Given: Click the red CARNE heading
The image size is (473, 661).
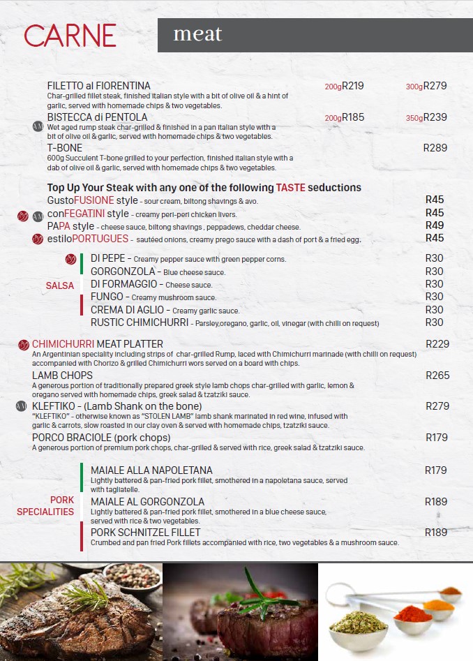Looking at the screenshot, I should point(70,36).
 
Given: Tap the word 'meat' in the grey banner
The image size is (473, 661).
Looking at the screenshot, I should point(197,34).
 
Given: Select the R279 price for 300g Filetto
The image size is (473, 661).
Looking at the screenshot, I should point(435,86).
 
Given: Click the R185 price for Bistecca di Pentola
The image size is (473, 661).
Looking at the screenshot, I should point(353,117).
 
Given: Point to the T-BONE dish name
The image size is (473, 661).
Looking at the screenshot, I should point(65,148).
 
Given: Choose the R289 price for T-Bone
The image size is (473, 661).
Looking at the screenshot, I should point(435,148).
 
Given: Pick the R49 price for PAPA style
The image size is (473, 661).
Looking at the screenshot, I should point(435,225).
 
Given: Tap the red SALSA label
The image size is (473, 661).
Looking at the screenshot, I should point(60,285).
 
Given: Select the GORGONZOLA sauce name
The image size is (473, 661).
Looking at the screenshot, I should point(123,272).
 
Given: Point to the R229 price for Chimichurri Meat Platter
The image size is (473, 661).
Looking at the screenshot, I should point(437,344).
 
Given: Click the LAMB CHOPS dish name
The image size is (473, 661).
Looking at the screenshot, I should point(62,376).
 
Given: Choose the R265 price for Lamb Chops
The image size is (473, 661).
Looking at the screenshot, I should point(437,376).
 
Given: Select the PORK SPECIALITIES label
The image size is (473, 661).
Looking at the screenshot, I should point(46,506).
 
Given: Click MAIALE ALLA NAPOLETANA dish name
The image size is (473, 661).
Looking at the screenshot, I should point(151,470).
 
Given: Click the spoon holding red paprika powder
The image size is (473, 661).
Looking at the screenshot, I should point(412,614).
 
